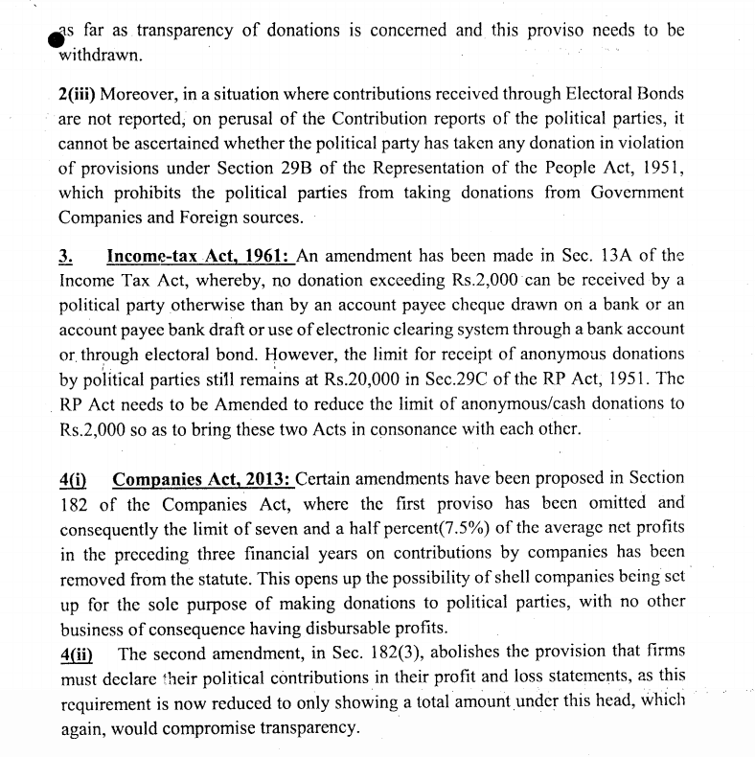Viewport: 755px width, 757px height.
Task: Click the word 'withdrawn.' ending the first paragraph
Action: point(101,55)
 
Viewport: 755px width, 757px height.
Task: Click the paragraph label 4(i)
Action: point(74,477)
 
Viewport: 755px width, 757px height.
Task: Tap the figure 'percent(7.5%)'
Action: point(378,527)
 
